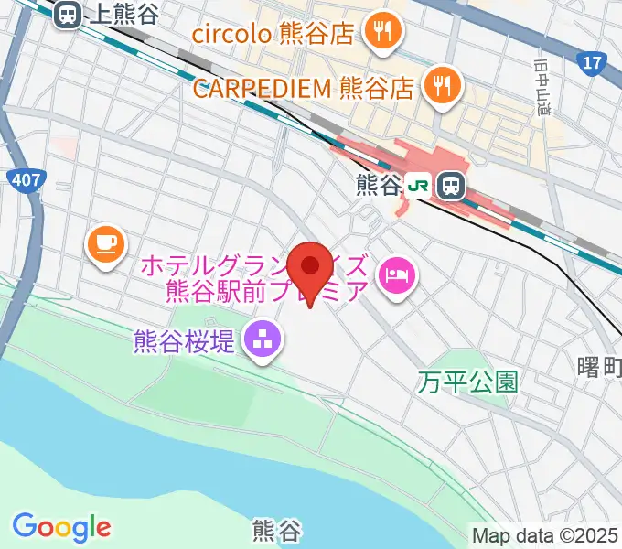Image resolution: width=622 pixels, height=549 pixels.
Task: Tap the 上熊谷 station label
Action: [x=124, y=14]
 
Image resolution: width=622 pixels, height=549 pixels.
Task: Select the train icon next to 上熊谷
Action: [x=67, y=14]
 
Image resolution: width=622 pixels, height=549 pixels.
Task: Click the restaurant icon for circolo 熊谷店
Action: [x=378, y=34]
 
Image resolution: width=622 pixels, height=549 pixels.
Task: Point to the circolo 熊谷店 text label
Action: [x=273, y=35]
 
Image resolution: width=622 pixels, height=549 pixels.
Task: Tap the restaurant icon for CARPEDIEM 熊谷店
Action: [x=441, y=87]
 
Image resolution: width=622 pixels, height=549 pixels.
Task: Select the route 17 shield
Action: [x=593, y=63]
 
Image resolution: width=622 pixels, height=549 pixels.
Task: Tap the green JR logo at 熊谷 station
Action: [x=419, y=186]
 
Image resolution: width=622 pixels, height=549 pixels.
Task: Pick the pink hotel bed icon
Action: [x=397, y=273]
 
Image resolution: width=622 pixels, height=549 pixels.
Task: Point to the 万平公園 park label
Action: [x=469, y=382]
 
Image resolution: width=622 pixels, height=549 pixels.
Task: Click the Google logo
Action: [x=61, y=527]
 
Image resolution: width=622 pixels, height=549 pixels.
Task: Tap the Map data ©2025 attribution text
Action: [x=545, y=534]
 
